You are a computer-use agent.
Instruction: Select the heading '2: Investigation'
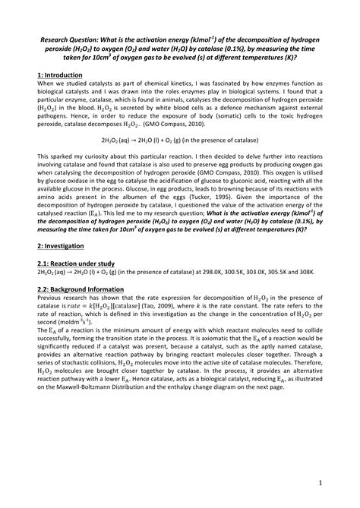[63, 248]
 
